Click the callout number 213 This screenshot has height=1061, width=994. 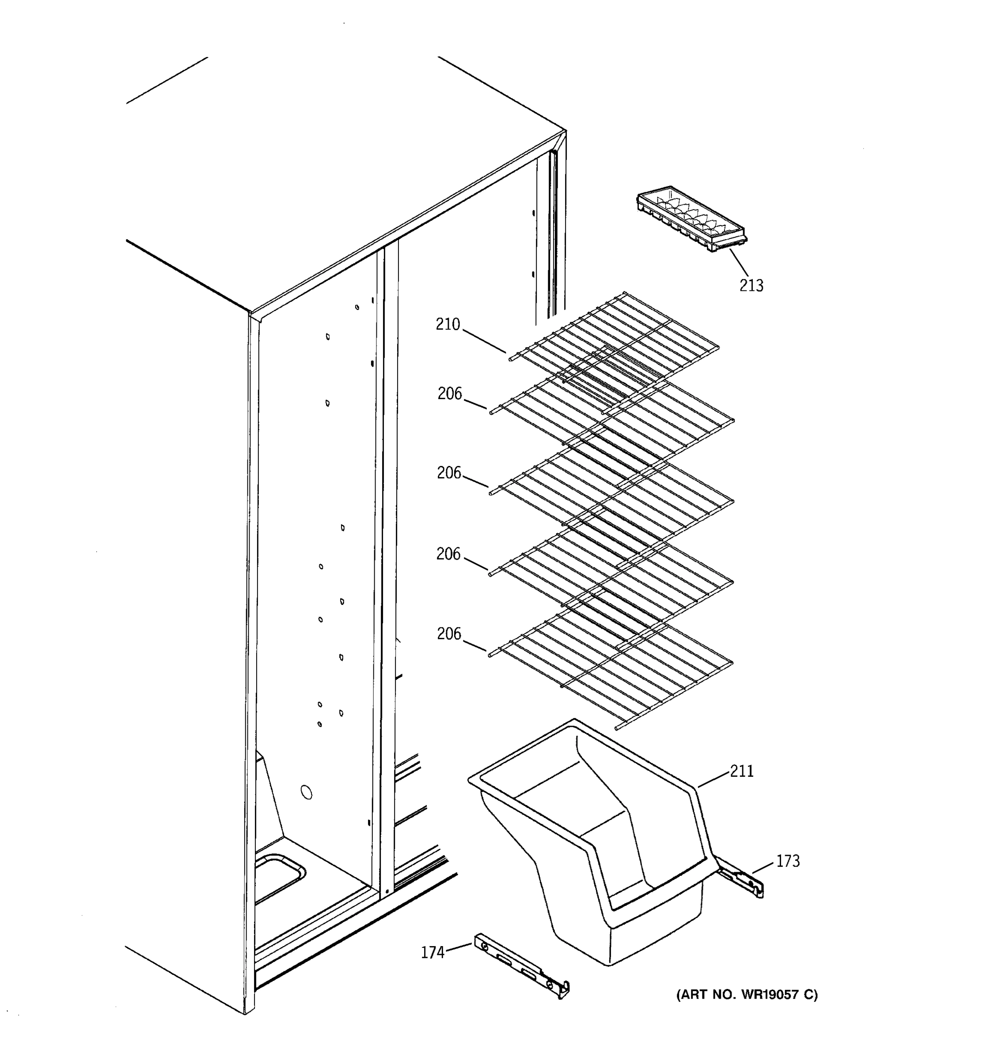point(751,286)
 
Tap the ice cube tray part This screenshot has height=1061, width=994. point(692,219)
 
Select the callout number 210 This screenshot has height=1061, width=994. point(448,324)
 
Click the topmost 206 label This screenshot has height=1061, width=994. point(450,393)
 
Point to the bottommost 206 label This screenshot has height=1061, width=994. point(449,634)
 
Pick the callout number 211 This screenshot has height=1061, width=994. point(742,771)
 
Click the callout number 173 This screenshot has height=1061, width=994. point(788,861)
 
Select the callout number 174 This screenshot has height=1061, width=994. point(433,952)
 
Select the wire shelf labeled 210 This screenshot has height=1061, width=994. point(613,342)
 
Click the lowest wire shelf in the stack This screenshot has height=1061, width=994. point(613,667)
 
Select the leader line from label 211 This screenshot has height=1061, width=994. point(713,780)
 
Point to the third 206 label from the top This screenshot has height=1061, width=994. point(448,554)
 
